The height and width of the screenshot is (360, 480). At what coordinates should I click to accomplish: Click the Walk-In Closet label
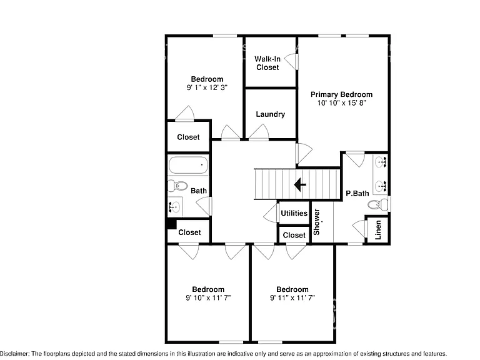pyautogui.click(x=267, y=63)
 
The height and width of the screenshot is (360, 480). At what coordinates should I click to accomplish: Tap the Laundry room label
pyautogui.click(x=270, y=114)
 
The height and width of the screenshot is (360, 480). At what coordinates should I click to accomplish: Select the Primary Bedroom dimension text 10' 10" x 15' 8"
pyautogui.click(x=342, y=103)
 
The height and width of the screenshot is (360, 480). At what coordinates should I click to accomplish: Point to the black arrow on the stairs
pyautogui.click(x=300, y=184)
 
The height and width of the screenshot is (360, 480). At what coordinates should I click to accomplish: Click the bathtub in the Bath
pyautogui.click(x=188, y=165)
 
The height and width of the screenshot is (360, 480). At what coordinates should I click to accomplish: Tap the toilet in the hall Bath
pyautogui.click(x=178, y=186)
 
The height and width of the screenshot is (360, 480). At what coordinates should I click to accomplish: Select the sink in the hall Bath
pyautogui.click(x=175, y=207)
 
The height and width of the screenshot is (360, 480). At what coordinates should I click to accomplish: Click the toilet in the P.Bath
pyautogui.click(x=378, y=204)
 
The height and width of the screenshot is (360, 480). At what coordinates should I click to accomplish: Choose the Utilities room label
pyautogui.click(x=294, y=213)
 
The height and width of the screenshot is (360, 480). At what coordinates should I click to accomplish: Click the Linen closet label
pyautogui.click(x=378, y=229)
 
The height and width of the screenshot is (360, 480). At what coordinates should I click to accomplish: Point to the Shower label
pyautogui.click(x=316, y=222)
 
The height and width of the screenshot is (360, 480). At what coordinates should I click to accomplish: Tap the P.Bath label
pyautogui.click(x=357, y=194)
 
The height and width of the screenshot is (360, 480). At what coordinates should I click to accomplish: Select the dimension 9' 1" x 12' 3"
pyautogui.click(x=207, y=87)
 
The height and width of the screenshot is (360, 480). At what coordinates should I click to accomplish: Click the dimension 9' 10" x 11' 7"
pyautogui.click(x=208, y=297)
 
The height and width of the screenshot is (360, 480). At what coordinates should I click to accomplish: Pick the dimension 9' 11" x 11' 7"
pyautogui.click(x=292, y=297)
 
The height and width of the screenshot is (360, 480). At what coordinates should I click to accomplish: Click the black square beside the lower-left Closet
pyautogui.click(x=172, y=224)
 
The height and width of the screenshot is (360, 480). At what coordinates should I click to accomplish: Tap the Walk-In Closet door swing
pyautogui.click(x=291, y=61)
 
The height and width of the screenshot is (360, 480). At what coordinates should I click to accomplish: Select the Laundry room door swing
pyautogui.click(x=259, y=132)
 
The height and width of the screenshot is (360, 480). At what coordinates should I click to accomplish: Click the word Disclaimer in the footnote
pyautogui.click(x=14, y=354)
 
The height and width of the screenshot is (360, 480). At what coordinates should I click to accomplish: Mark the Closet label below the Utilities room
pyautogui.click(x=294, y=235)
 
